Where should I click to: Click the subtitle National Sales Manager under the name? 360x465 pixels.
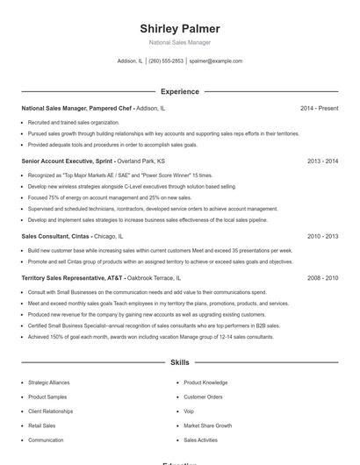click(179, 42)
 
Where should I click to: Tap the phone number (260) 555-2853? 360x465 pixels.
click(166, 61)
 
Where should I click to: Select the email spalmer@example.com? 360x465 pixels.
click(215, 61)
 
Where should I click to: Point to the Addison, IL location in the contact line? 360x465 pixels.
click(129, 61)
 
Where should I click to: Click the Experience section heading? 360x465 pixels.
click(179, 91)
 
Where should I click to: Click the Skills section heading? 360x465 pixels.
click(179, 361)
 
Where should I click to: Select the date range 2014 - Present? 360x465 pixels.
click(319, 108)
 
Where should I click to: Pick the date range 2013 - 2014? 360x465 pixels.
click(322, 161)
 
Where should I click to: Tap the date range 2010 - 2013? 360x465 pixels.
click(322, 236)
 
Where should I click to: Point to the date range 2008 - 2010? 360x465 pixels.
click(322, 277)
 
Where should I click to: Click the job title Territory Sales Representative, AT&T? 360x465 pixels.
click(76, 277)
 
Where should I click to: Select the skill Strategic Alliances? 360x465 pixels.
click(49, 383)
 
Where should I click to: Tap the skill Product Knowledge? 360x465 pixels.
click(205, 383)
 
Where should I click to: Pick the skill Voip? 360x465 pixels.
click(189, 411)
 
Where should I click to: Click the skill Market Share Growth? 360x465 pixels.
click(207, 426)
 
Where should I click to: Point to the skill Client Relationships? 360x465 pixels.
click(50, 411)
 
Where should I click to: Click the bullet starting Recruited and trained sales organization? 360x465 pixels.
click(74, 122)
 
